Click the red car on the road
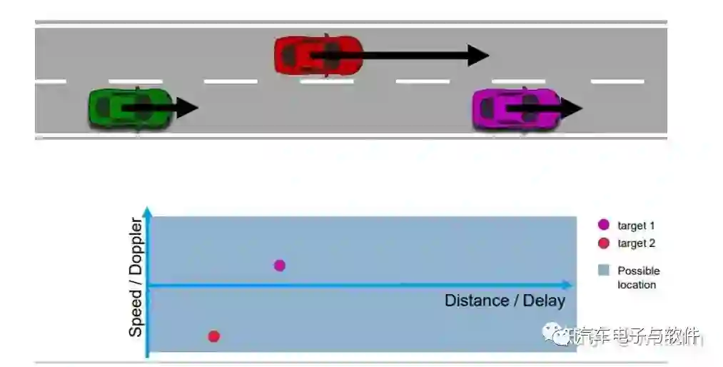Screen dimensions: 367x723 coord(318,55)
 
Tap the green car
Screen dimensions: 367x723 coord(130,109)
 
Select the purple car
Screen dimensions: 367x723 coord(516,109)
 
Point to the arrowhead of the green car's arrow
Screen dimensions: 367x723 coord(188,109)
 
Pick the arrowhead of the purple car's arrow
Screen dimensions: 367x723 coord(573,109)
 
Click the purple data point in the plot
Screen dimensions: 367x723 coord(280,266)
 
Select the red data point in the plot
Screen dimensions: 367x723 coord(213,336)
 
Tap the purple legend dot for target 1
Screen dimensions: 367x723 coord(603,226)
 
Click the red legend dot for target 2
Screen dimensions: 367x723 coord(603,243)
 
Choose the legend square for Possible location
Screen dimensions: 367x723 coord(603,271)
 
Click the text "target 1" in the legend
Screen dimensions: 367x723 coord(637,226)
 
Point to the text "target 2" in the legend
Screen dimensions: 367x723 coord(637,243)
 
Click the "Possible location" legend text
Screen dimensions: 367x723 coord(638,278)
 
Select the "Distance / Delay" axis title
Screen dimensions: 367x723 coord(505,301)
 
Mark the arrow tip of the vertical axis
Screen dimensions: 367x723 coord(147,211)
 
